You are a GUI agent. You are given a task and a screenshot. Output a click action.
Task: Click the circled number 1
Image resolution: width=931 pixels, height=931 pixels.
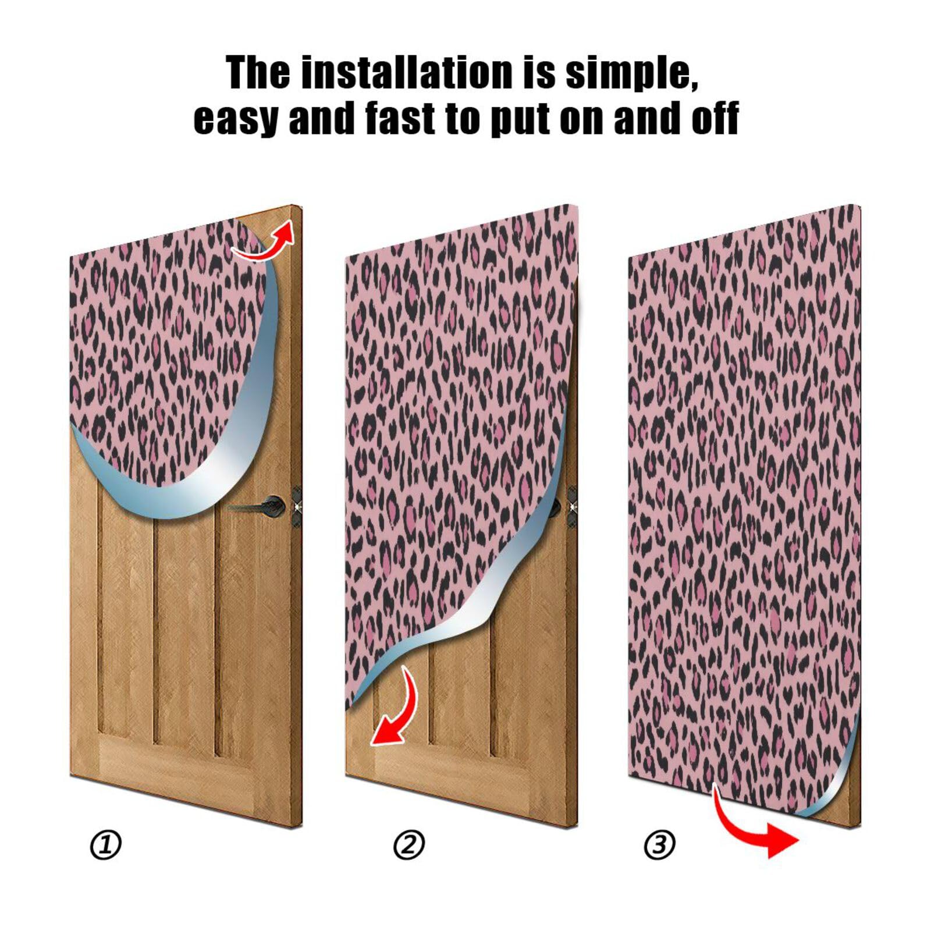106,845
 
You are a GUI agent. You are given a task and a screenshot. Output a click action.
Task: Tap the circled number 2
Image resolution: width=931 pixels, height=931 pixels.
409,845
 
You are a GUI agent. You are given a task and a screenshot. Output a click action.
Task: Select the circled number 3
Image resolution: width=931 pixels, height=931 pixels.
660,844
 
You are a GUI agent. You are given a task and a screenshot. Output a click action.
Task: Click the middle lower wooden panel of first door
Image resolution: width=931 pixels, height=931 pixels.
183,628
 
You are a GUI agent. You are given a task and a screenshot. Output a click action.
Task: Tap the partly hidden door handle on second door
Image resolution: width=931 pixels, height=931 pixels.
556,506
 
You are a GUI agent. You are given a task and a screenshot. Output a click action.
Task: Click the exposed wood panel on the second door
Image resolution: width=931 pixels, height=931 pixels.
460,692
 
